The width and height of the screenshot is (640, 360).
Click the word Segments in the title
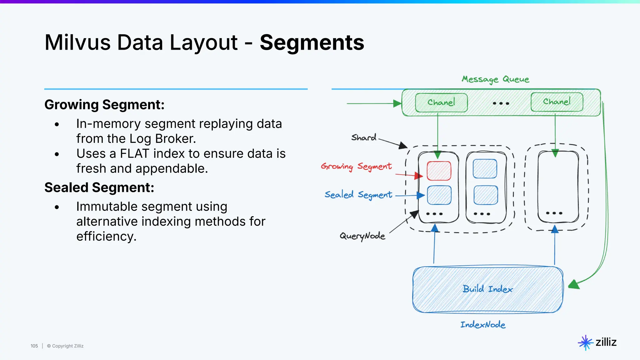pos(312,42)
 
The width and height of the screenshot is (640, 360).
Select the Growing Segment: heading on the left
pos(104,105)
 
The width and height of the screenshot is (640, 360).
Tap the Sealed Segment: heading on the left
pos(99,187)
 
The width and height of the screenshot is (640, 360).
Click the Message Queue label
pos(495,79)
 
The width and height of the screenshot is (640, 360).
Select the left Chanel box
pos(441,102)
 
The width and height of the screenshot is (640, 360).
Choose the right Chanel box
pos(557,102)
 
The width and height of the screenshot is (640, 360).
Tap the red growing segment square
pos(439,171)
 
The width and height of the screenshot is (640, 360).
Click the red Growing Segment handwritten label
pos(356,166)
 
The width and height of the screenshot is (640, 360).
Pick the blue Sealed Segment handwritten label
pos(358,195)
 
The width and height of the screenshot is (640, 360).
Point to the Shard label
pos(364,137)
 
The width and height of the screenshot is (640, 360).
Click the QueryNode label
pos(362,236)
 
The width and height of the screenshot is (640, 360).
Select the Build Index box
pos(487,289)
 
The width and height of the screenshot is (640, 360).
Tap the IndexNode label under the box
pos(483,325)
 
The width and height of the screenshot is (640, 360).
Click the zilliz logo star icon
pos(585,343)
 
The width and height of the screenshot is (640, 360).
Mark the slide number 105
pos(34,346)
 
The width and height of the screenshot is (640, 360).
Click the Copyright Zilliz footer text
pos(65,346)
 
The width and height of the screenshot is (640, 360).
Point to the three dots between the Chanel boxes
pos(501,103)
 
